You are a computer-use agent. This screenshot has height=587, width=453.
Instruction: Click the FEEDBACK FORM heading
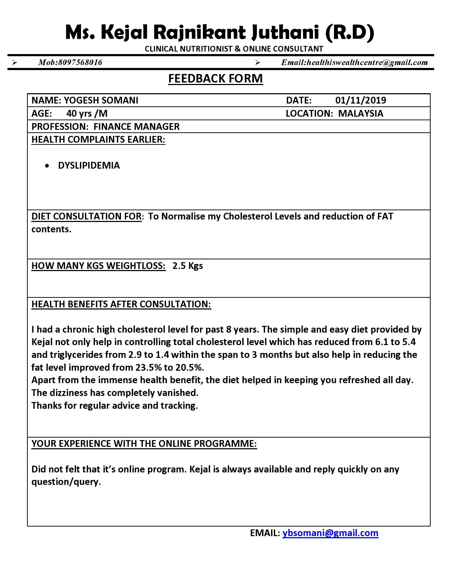[215, 78]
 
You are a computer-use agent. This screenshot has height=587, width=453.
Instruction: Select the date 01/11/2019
[360, 100]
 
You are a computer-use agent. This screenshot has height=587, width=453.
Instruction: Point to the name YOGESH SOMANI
[101, 100]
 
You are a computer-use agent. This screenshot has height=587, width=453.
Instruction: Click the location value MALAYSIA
[360, 113]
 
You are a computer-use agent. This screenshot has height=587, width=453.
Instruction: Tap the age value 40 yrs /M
[87, 113]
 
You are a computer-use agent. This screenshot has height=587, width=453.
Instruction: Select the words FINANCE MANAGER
[136, 127]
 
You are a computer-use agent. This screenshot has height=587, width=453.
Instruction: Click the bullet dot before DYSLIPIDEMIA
[47, 166]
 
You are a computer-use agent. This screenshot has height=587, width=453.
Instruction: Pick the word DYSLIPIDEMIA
[89, 165]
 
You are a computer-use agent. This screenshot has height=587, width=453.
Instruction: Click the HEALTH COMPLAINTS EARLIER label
[98, 139]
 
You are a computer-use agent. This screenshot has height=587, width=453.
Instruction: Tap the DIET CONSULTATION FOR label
[86, 216]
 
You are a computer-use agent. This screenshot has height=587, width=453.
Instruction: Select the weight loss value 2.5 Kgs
[188, 266]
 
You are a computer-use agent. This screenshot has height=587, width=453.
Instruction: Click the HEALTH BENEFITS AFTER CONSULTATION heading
[121, 304]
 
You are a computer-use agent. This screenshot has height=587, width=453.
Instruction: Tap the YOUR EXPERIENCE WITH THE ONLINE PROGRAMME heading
[144, 444]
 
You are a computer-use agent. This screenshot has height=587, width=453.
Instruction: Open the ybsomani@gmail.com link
[330, 533]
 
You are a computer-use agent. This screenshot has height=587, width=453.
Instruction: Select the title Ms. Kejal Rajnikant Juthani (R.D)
[220, 32]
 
